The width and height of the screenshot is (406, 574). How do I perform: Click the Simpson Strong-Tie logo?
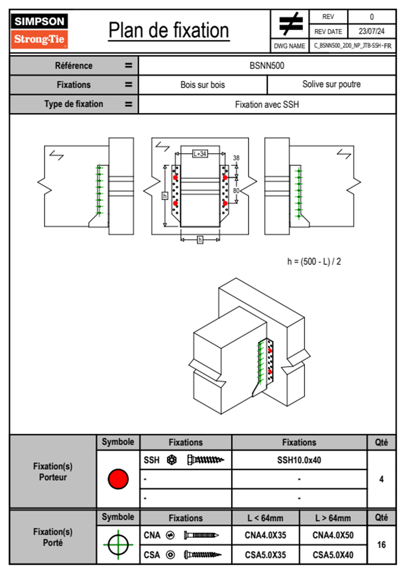(x=39, y=31)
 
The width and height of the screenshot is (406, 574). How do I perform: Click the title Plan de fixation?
(x=169, y=31)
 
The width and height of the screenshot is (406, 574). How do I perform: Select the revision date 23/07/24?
(x=371, y=31)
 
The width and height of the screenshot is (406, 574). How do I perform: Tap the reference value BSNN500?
(x=267, y=66)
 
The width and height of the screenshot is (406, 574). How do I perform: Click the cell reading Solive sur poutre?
(x=331, y=84)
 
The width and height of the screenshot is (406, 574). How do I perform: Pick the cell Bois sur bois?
(x=203, y=85)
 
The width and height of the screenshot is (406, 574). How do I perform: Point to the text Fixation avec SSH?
(x=267, y=104)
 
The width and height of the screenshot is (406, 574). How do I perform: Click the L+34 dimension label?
(x=200, y=154)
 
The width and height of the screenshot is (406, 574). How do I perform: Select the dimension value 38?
(x=236, y=158)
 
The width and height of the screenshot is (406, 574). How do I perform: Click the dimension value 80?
(x=236, y=190)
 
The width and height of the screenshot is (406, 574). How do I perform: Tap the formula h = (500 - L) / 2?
(x=314, y=262)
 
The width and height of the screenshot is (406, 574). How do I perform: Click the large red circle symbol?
(x=118, y=479)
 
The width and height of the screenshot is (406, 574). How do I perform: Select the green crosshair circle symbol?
(x=118, y=545)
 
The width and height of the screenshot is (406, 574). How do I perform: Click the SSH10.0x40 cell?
(x=299, y=460)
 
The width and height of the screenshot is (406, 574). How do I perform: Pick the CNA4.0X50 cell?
(x=333, y=535)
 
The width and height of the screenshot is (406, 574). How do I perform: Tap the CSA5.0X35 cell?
(x=265, y=555)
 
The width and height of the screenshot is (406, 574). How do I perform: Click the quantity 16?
(x=381, y=545)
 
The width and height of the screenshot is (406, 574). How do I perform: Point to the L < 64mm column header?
(x=265, y=518)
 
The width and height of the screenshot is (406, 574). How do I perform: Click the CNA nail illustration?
(x=201, y=535)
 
